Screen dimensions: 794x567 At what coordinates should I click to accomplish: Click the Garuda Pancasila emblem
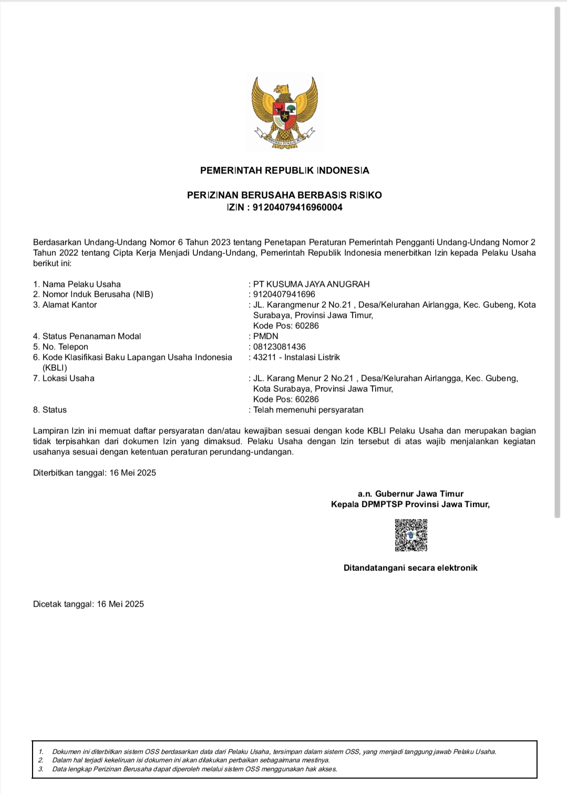pos(284,112)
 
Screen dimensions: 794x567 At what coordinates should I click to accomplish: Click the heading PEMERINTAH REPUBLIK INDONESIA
pos(284,171)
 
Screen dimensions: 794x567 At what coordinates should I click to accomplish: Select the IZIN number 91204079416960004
pos(297,207)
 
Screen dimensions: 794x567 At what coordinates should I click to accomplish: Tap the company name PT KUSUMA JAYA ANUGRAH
pos(311,284)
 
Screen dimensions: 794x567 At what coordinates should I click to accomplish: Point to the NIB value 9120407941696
pos(284,295)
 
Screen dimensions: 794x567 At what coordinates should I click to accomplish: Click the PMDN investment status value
pos(266,336)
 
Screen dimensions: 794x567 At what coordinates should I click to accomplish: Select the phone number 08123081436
pos(280,347)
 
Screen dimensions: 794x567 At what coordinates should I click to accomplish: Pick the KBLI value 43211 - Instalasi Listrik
pos(296,357)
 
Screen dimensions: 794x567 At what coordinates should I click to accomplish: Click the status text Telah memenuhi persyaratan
pos(308,410)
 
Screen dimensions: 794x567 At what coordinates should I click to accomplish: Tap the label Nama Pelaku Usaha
pos(81,284)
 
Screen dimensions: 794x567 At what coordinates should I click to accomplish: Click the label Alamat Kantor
pos(69,305)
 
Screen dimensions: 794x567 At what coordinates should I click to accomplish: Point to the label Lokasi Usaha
pos(68,378)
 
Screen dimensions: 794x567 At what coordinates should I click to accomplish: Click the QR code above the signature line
pos(411,535)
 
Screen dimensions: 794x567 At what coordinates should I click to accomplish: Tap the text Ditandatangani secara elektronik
pos(410,568)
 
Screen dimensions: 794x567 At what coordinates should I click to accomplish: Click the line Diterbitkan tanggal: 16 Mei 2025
pos(95,473)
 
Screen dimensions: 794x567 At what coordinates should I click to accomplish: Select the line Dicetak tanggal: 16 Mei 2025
pos(88,604)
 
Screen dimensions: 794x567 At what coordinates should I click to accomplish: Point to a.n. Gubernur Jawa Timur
pos(410,494)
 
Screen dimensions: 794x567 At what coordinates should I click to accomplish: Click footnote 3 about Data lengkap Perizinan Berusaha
pos(194,769)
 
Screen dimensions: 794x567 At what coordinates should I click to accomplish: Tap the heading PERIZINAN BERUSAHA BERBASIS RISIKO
pos(284,195)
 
